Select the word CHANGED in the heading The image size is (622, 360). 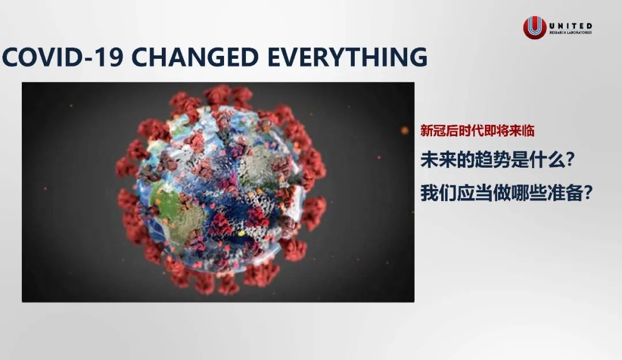coord(195,57)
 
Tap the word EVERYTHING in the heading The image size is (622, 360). coord(347,57)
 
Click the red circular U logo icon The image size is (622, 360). coord(534,28)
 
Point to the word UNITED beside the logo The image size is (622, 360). coord(570,26)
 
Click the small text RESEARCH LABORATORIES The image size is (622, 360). coord(570,33)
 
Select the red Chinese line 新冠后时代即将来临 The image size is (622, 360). coord(477,131)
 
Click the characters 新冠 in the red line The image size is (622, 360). coord(433,131)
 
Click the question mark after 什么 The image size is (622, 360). coord(569,160)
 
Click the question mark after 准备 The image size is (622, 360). coord(588,194)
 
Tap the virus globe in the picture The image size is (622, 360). coord(221,190)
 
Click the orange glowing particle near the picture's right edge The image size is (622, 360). coord(405,130)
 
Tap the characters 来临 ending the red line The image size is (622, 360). coord(522,131)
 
